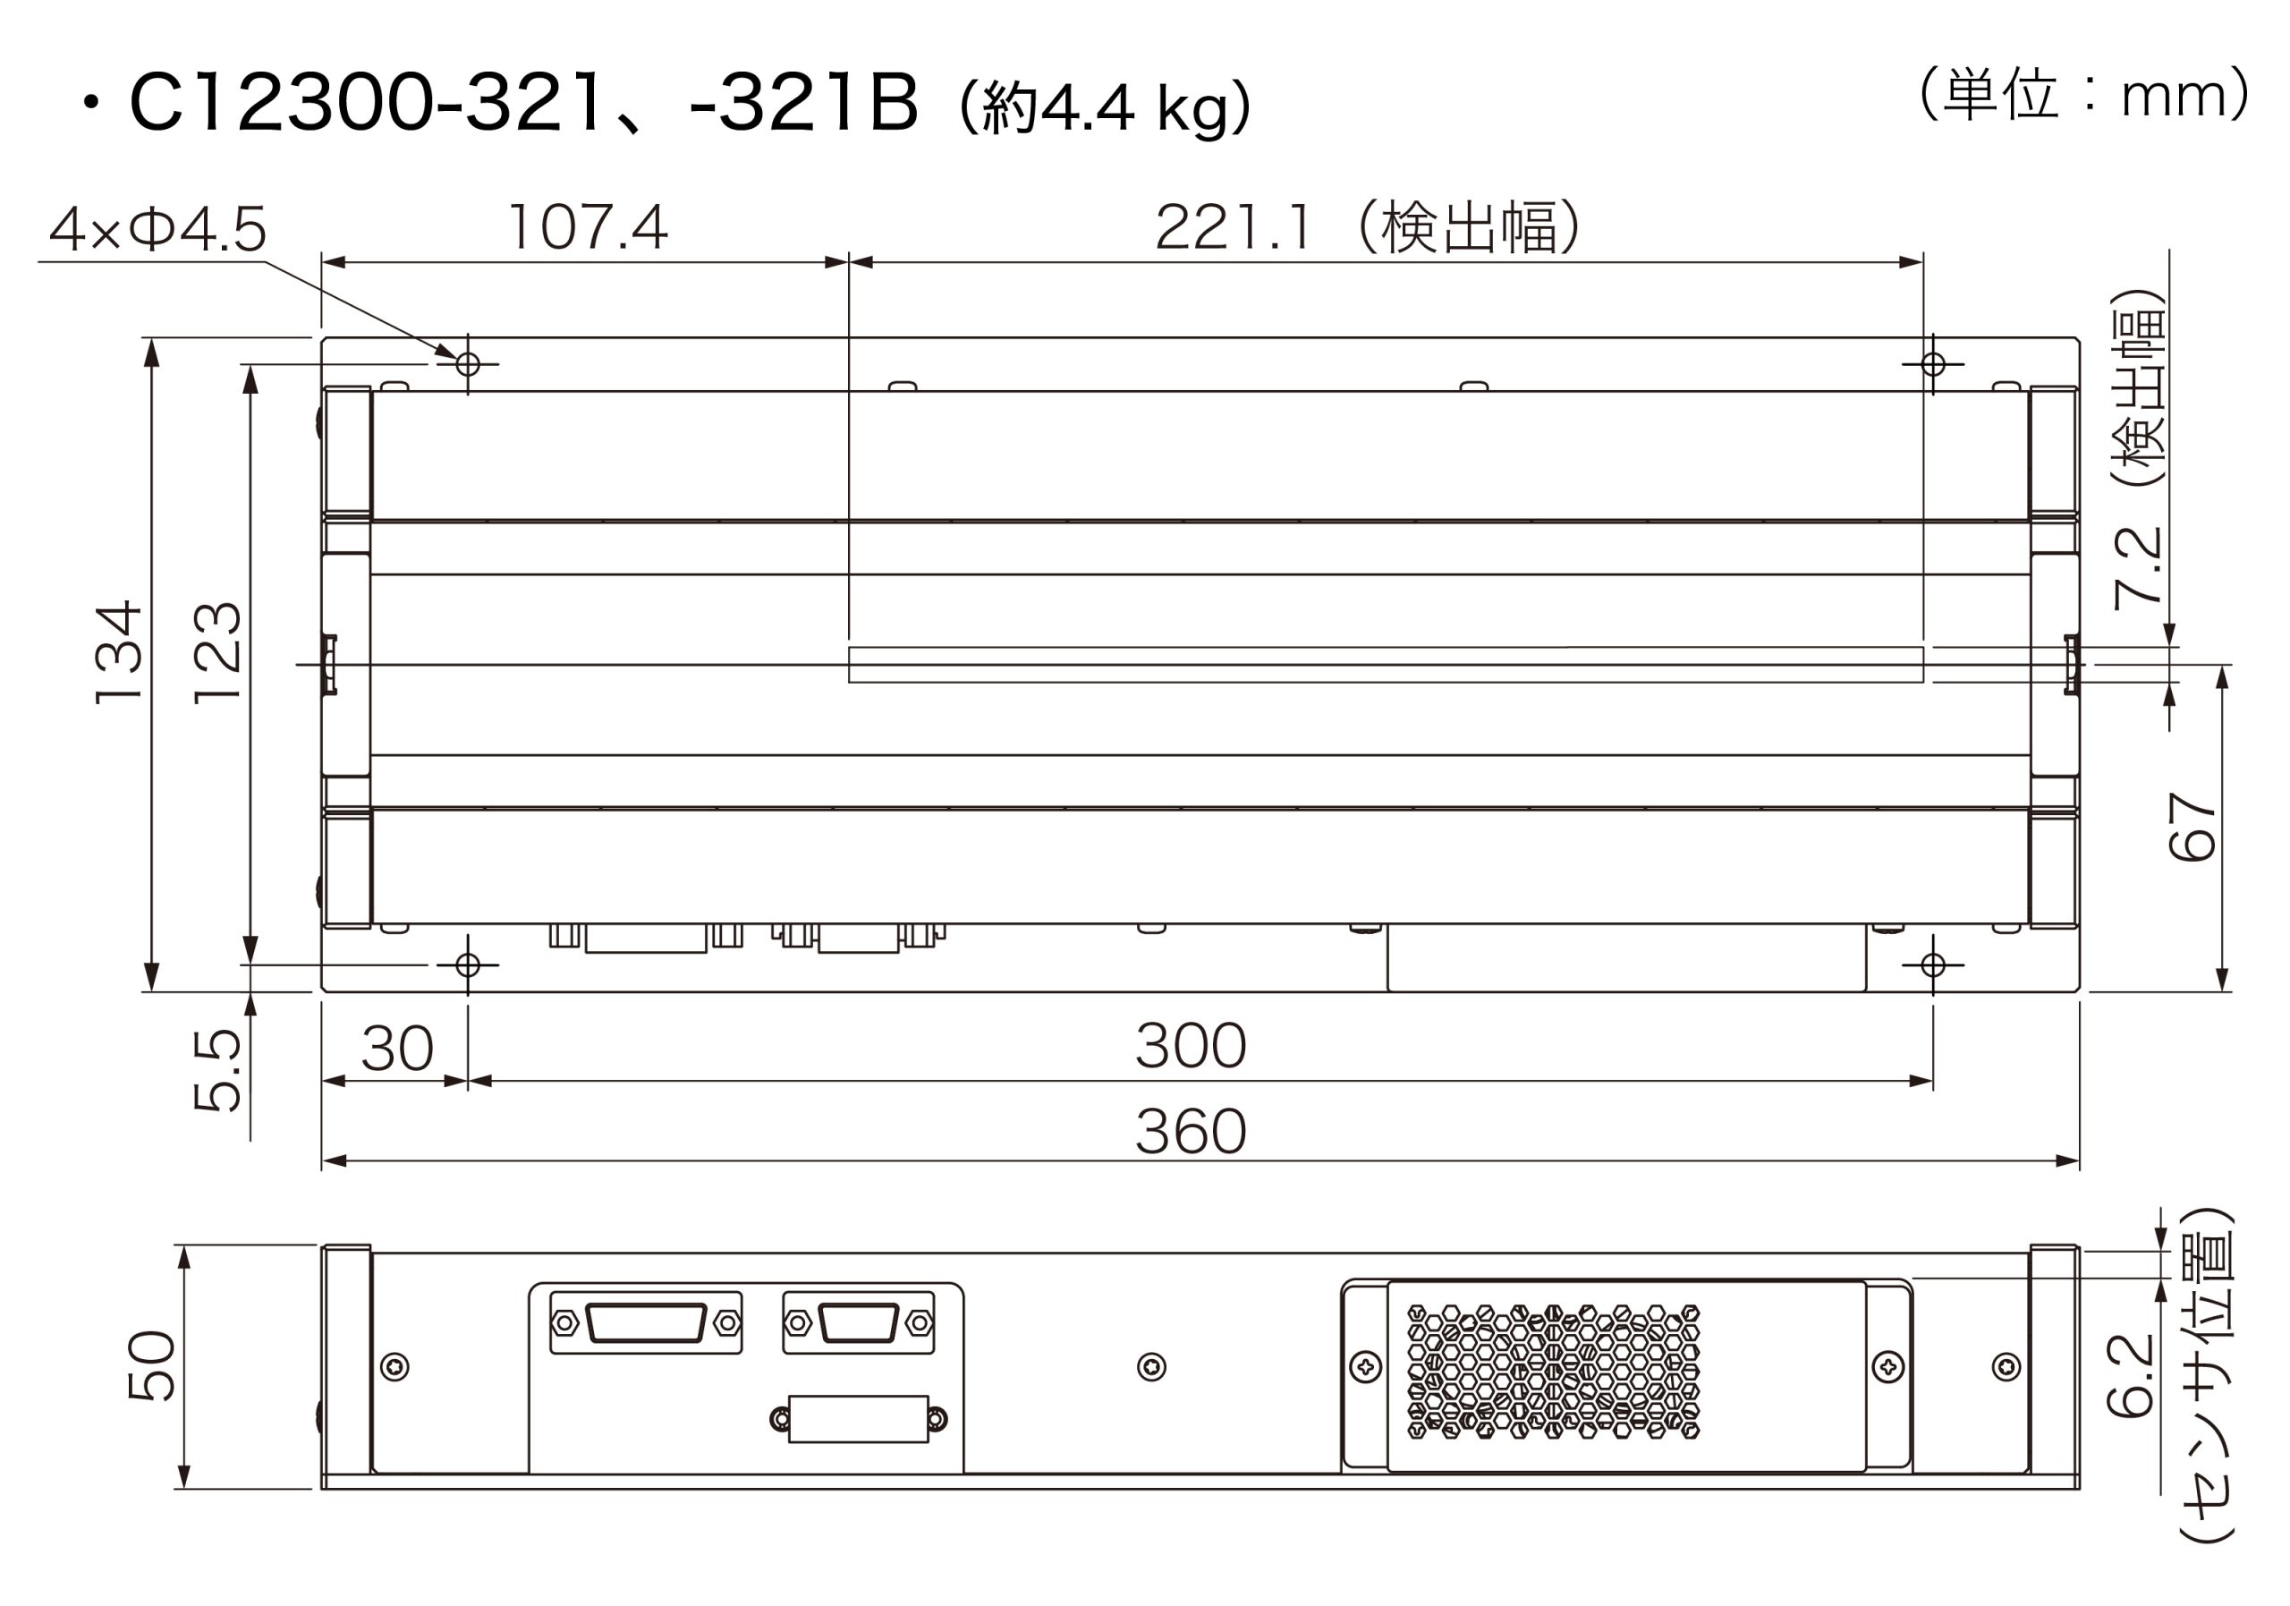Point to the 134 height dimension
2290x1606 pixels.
(x=119, y=652)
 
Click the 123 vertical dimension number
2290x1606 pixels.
(x=217, y=652)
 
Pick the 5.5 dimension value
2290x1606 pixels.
(x=217, y=1069)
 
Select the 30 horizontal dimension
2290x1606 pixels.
(x=397, y=1048)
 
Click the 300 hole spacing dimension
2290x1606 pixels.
(x=1191, y=1044)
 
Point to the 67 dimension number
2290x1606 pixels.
(x=2192, y=826)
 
